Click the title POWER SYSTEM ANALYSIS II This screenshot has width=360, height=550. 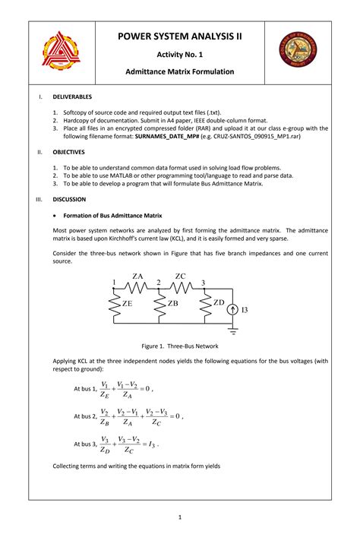pyautogui.click(x=180, y=36)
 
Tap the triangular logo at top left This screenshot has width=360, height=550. pyautogui.click(x=58, y=50)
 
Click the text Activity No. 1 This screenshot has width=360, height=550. pyautogui.click(x=180, y=55)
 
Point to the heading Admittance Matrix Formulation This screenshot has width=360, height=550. pyautogui.click(x=180, y=72)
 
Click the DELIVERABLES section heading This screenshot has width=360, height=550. pyautogui.click(x=72, y=97)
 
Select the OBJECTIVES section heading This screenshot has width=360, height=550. pyautogui.click(x=70, y=152)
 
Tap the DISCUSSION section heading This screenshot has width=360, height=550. pyautogui.click(x=69, y=199)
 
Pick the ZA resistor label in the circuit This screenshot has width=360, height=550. pyautogui.click(x=137, y=276)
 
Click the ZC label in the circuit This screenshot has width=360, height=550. pyautogui.click(x=180, y=276)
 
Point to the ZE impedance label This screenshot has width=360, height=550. pyautogui.click(x=128, y=303)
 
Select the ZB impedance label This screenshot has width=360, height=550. pyautogui.click(x=172, y=303)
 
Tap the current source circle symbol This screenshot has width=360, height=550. pyautogui.click(x=233, y=310)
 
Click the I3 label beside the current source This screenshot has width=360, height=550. pyautogui.click(x=245, y=310)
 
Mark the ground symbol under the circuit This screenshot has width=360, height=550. pyautogui.click(x=234, y=330)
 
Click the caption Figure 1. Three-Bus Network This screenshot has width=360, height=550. pyautogui.click(x=180, y=345)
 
